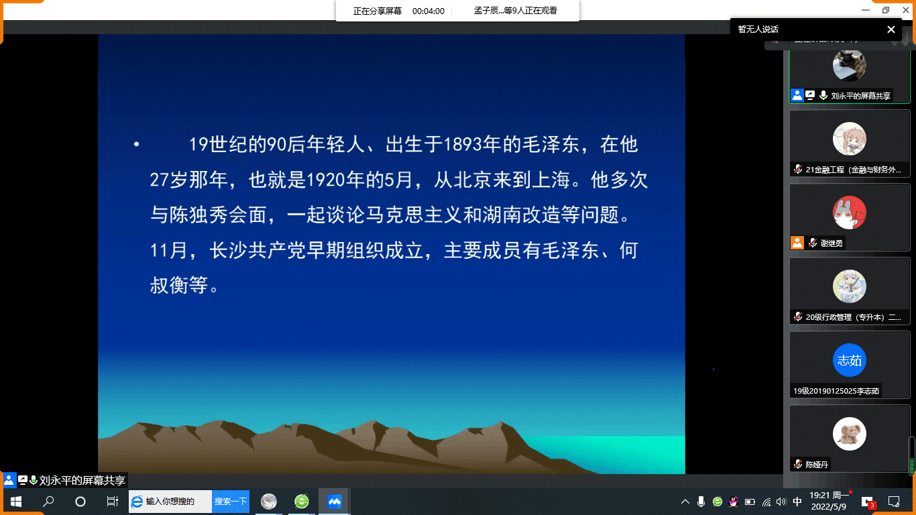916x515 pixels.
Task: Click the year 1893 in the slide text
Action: (463, 144)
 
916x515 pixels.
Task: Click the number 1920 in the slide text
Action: (325, 180)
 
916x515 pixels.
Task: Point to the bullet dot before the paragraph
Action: (137, 144)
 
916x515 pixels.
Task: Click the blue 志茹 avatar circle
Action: (850, 360)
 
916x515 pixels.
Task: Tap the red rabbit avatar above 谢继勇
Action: (850, 213)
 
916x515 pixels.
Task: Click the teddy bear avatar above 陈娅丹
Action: (850, 434)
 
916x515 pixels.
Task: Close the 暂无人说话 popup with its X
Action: (891, 30)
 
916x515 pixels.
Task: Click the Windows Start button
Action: (16, 502)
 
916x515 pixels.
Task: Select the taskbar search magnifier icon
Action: (48, 501)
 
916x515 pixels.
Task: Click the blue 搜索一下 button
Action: (231, 502)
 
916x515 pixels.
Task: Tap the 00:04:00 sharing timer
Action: (428, 11)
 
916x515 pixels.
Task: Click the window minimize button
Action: (865, 10)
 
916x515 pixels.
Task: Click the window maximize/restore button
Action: (886, 10)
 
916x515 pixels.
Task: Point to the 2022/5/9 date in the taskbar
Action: (828, 506)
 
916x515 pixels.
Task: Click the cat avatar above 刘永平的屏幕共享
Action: (850, 65)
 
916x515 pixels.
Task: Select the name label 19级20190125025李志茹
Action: (836, 391)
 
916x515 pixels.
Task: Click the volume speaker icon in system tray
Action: (781, 502)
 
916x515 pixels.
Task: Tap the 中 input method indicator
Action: (797, 502)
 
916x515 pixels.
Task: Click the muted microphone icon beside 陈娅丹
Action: (798, 464)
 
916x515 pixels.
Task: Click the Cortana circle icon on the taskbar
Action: (80, 502)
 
